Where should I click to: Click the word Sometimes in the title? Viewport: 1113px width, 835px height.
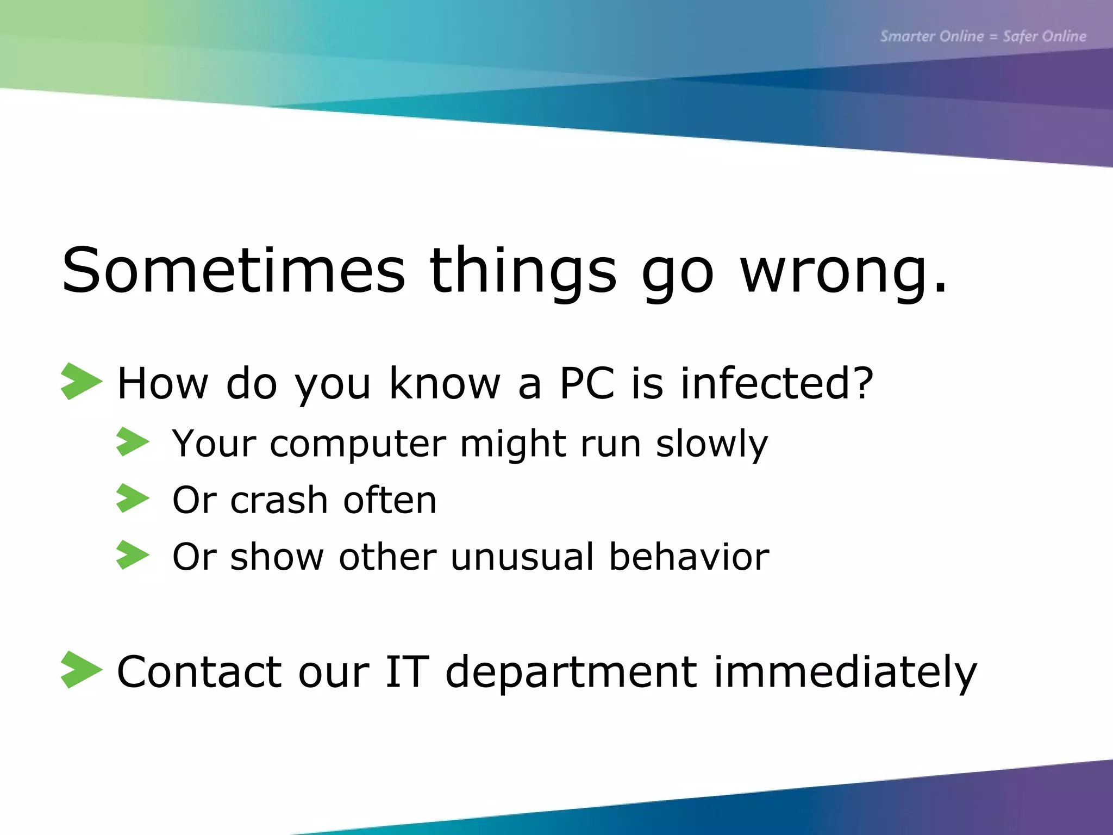pyautogui.click(x=234, y=270)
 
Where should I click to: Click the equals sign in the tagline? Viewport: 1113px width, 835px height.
pyautogui.click(x=993, y=37)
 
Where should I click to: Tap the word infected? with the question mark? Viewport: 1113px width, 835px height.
pyautogui.click(x=777, y=383)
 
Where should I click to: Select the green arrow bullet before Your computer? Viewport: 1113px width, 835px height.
pyautogui.click(x=132, y=441)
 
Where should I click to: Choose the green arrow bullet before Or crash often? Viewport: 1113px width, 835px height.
pyautogui.click(x=132, y=498)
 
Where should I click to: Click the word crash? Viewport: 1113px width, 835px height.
pyautogui.click(x=279, y=500)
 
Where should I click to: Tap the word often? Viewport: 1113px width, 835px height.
pyautogui.click(x=390, y=500)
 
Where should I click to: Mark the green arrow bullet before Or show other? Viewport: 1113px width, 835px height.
pyautogui.click(x=132, y=555)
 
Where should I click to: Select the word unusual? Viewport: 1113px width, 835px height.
pyautogui.click(x=522, y=557)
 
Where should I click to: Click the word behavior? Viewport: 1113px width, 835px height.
pyautogui.click(x=689, y=557)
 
